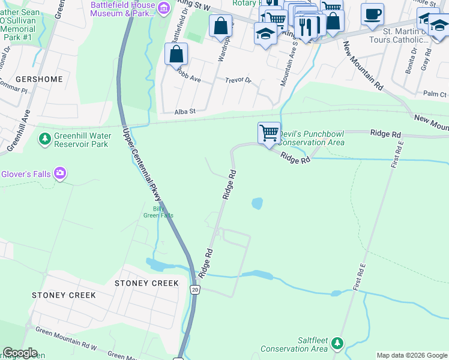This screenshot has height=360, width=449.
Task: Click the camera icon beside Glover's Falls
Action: point(60,174)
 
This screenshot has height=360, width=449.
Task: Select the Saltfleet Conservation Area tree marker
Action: point(337,343)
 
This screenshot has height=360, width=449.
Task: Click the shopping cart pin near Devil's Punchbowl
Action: point(270,133)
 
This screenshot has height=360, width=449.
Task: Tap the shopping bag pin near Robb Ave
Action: point(176,55)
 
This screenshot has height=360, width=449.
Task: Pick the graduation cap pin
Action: point(265,34)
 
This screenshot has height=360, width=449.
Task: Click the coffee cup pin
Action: point(372,14)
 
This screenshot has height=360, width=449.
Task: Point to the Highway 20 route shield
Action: point(194,290)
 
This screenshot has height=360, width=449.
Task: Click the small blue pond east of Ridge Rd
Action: point(257,203)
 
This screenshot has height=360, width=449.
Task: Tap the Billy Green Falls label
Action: point(158,212)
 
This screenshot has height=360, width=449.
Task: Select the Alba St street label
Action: point(185,112)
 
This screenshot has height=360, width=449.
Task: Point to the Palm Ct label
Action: point(435,94)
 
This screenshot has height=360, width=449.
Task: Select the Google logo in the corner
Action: point(20,353)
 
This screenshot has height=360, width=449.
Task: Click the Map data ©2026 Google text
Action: point(411,355)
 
